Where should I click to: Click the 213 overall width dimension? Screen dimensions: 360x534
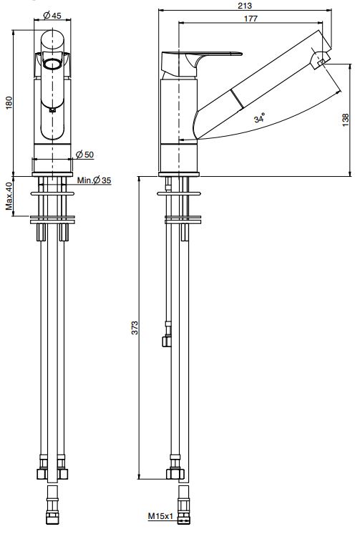click(245, 6)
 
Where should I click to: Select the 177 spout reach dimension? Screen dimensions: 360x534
click(250, 19)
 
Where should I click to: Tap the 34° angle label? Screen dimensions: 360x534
click(260, 118)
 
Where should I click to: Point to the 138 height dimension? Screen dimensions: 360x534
click(346, 120)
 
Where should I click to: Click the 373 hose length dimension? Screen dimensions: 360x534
click(135, 328)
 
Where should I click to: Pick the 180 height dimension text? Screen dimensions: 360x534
click(9, 103)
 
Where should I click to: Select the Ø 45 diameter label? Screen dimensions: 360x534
click(52, 15)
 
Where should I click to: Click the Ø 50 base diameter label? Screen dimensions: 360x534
click(84, 155)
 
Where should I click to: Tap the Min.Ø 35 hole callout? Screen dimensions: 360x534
click(94, 180)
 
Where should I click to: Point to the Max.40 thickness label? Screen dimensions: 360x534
click(9, 196)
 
